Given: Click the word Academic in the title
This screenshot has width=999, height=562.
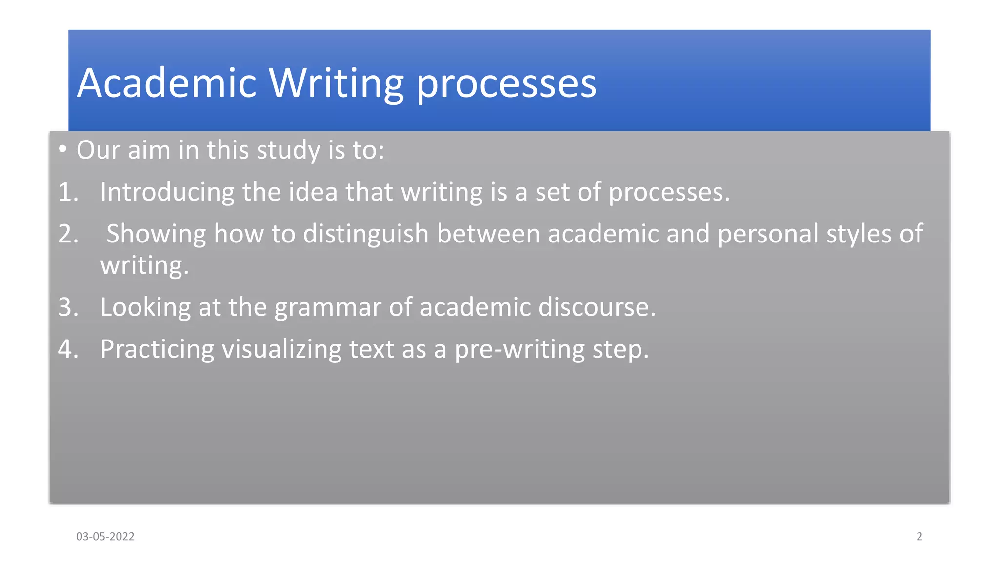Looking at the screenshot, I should [x=167, y=83].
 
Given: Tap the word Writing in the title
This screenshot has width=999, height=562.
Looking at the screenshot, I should [x=336, y=83].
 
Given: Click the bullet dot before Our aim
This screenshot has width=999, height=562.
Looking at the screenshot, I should [x=62, y=149].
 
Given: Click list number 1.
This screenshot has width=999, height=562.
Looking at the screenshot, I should [x=68, y=192].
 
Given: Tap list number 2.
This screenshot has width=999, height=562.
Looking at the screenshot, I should [x=68, y=234].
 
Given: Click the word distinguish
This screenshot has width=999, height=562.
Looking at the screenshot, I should [x=366, y=234].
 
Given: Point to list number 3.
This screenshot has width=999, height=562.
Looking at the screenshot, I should [x=68, y=307].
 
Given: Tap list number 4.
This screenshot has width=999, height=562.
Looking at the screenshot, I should [x=68, y=349].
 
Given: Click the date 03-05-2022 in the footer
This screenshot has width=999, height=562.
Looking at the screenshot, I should [x=105, y=536].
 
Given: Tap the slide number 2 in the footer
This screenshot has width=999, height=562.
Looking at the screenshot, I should [x=919, y=536].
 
